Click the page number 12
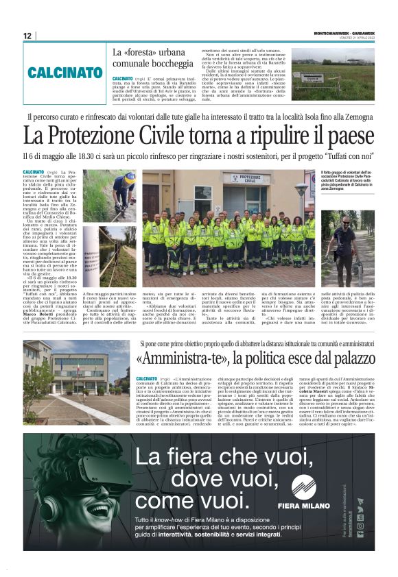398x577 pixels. click(27, 36)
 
